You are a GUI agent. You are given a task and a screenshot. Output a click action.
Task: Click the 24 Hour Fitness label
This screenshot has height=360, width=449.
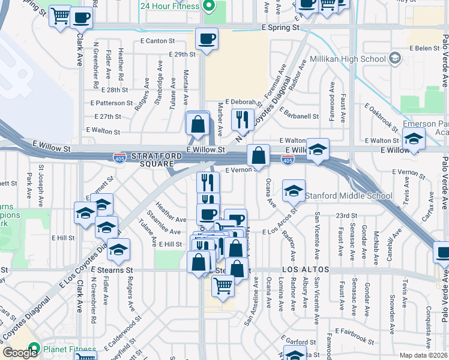click(x=169, y=7)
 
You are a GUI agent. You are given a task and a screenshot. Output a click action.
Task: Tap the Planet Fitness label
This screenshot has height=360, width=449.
click(x=69, y=349)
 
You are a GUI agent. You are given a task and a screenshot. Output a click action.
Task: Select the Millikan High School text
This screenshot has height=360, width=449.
click(x=348, y=59)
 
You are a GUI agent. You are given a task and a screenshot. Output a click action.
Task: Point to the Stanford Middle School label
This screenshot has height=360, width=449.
click(x=349, y=196)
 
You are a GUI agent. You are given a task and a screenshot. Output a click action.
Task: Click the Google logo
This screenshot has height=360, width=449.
click(x=20, y=353)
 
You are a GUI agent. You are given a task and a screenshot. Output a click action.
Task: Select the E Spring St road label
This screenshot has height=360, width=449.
click(x=280, y=28)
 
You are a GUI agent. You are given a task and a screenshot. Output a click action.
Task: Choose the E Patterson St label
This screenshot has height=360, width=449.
click(x=113, y=103)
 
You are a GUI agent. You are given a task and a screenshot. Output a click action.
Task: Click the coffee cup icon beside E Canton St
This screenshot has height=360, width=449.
click(x=207, y=40)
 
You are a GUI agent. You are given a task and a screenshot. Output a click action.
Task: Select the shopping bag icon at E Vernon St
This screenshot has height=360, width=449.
click(x=258, y=155)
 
